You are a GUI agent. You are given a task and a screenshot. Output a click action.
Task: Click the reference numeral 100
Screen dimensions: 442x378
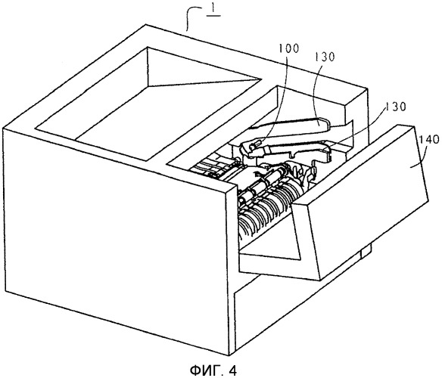pyautogui.click(x=288, y=48)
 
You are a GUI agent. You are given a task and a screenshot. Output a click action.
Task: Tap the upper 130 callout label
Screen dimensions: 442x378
pyautogui.click(x=324, y=57)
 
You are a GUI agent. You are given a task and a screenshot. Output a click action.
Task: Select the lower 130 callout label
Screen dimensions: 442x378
pyautogui.click(x=396, y=107)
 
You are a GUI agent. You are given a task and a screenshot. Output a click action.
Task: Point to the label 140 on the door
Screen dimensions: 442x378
pyautogui.click(x=429, y=139)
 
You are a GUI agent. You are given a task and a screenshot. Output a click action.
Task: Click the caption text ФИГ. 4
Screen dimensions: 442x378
pyautogui.click(x=213, y=370)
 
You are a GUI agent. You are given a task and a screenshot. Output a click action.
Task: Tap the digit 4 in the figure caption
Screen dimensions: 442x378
pyautogui.click(x=234, y=370)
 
